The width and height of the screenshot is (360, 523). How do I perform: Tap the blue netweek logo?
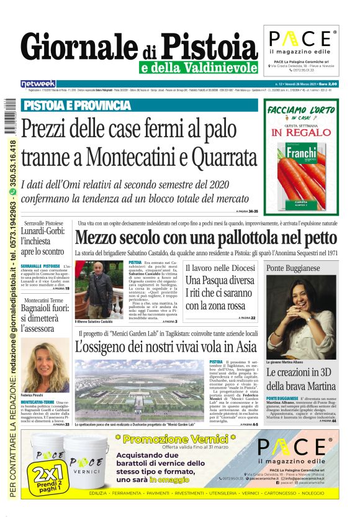[x=38, y=83]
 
